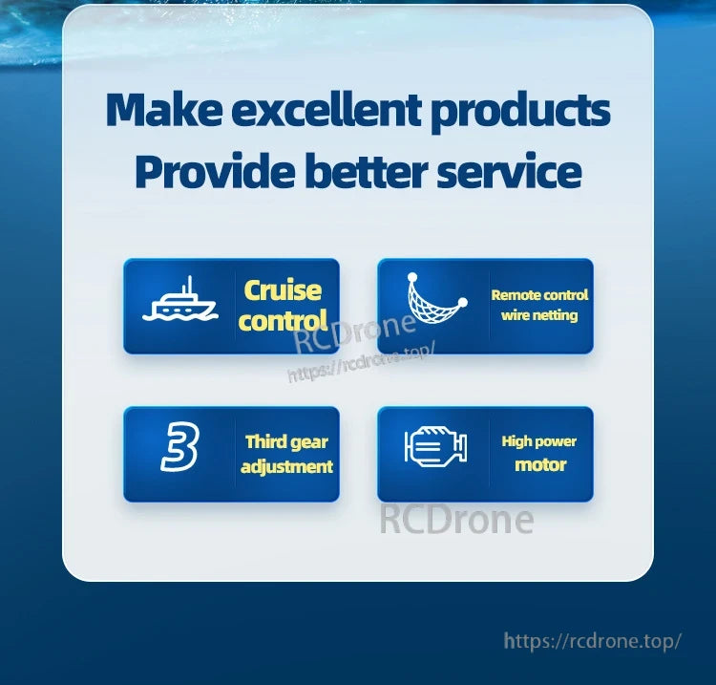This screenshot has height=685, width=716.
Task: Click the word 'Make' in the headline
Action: click(162, 110)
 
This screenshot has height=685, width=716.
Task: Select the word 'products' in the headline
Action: click(520, 112)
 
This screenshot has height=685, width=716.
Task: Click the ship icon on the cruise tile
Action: click(179, 303)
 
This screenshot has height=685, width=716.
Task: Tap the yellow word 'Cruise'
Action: click(283, 290)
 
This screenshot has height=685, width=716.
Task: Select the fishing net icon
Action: click(435, 304)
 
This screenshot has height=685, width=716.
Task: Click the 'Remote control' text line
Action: click(539, 295)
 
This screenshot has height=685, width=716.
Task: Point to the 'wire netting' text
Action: click(539, 315)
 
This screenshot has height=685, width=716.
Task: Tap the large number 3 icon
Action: click(179, 448)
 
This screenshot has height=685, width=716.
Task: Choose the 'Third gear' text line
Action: click(286, 441)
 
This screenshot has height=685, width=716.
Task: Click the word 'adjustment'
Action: click(286, 466)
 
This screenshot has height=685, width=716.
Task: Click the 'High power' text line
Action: click(539, 441)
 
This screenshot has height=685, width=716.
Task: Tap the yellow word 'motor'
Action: click(540, 465)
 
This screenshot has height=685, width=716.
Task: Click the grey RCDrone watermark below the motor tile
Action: click(456, 520)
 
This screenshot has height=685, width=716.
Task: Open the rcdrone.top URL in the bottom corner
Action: click(592, 640)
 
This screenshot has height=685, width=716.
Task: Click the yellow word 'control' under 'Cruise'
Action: click(283, 320)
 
